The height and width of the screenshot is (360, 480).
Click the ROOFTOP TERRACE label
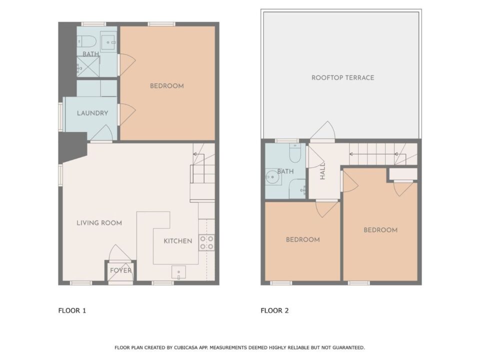click(x=343, y=78)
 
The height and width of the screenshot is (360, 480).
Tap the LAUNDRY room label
click(x=92, y=113)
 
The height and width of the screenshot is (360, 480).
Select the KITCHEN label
click(x=178, y=241)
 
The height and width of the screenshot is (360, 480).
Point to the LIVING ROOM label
click(x=99, y=223)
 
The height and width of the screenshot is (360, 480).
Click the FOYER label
click(x=120, y=270)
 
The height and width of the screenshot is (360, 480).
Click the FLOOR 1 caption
click(x=72, y=310)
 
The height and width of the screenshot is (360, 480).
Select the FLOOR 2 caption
click(x=274, y=310)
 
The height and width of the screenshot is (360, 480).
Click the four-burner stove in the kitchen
click(x=206, y=242)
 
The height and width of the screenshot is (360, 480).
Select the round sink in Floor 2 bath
click(x=272, y=177)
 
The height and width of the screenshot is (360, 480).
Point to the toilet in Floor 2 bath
click(x=295, y=153)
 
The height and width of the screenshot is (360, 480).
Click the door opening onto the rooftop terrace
click(x=322, y=131)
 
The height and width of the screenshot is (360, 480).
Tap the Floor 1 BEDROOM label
click(x=167, y=86)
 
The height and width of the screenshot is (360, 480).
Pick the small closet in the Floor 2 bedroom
click(x=403, y=174)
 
